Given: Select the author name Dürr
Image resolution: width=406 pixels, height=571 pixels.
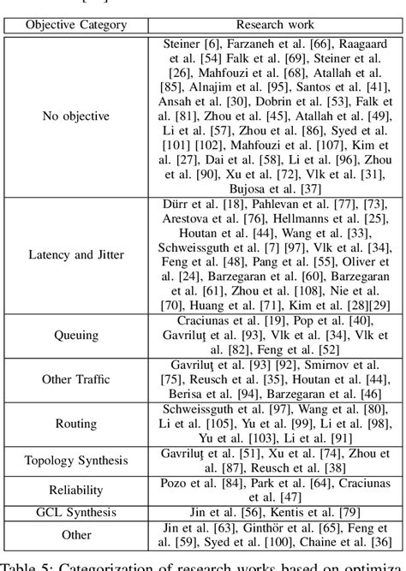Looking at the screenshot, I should coord(178,204).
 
